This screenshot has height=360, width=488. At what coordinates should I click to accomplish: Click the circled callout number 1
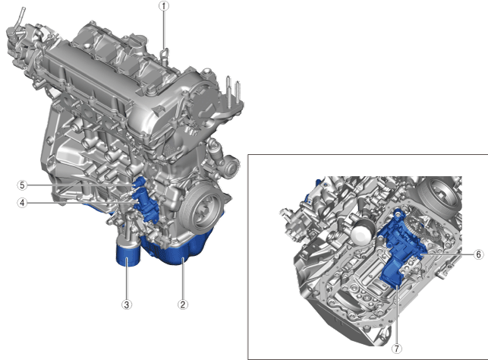(x=164, y=6)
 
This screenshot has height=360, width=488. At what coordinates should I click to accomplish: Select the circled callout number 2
(x=183, y=305)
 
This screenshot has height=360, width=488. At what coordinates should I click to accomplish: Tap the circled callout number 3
(x=126, y=305)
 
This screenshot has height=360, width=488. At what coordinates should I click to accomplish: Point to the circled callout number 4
(x=22, y=203)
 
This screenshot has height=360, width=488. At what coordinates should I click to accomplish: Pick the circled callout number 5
(x=22, y=185)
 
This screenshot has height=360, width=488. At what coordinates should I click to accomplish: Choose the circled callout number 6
(x=479, y=254)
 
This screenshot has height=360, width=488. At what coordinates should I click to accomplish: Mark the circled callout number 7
(x=396, y=349)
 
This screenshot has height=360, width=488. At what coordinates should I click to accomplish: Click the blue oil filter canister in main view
(x=128, y=255)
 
